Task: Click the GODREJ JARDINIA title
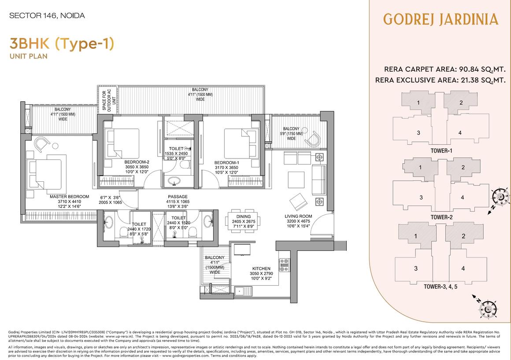click(441, 19)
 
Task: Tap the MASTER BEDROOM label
click(69, 197)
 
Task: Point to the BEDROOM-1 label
click(226, 162)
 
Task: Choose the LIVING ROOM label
click(298, 216)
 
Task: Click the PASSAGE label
click(178, 197)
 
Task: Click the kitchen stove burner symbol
click(284, 264)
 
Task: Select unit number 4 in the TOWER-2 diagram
click(462, 198)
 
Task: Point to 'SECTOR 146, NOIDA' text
click(47, 16)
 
